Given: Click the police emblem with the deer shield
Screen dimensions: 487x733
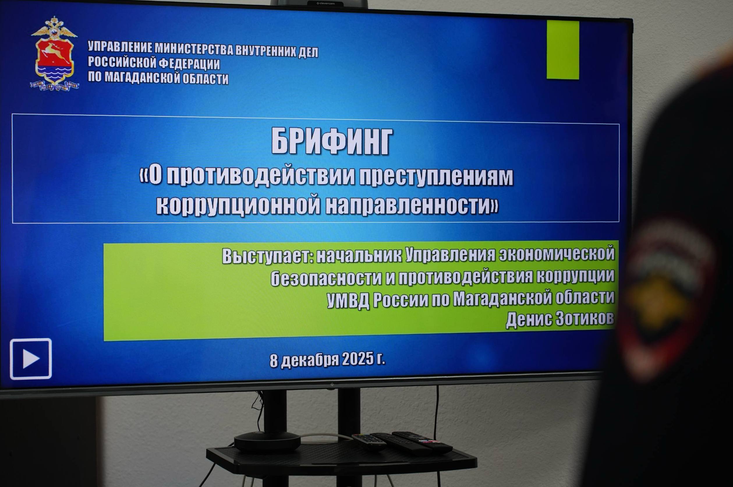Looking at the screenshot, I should point(54,54).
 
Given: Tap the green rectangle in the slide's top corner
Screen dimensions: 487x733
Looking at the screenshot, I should point(563,50).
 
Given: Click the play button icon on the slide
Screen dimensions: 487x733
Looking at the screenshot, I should point(31,359).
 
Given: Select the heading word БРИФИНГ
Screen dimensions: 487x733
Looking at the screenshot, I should point(332,142).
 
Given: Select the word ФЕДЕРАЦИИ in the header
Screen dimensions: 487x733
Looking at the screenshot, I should point(189,64).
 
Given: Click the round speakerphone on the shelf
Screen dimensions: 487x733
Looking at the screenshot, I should point(267,441).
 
